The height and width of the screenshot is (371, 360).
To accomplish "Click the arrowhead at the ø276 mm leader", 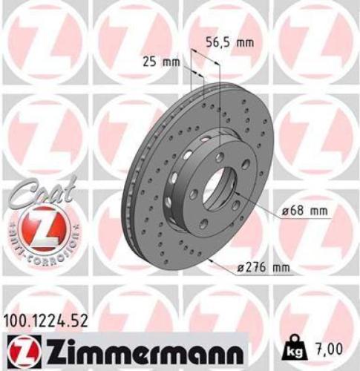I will (x=210, y=260).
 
